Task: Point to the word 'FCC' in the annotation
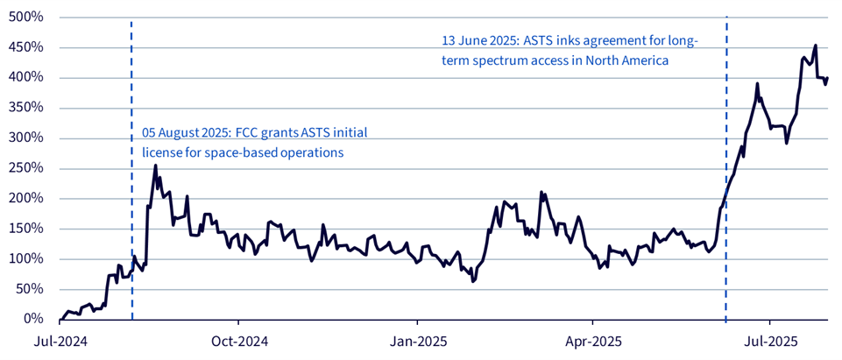click(x=249, y=133)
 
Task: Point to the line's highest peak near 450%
click(x=816, y=46)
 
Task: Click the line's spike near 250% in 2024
click(x=155, y=166)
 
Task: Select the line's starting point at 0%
click(x=60, y=319)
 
